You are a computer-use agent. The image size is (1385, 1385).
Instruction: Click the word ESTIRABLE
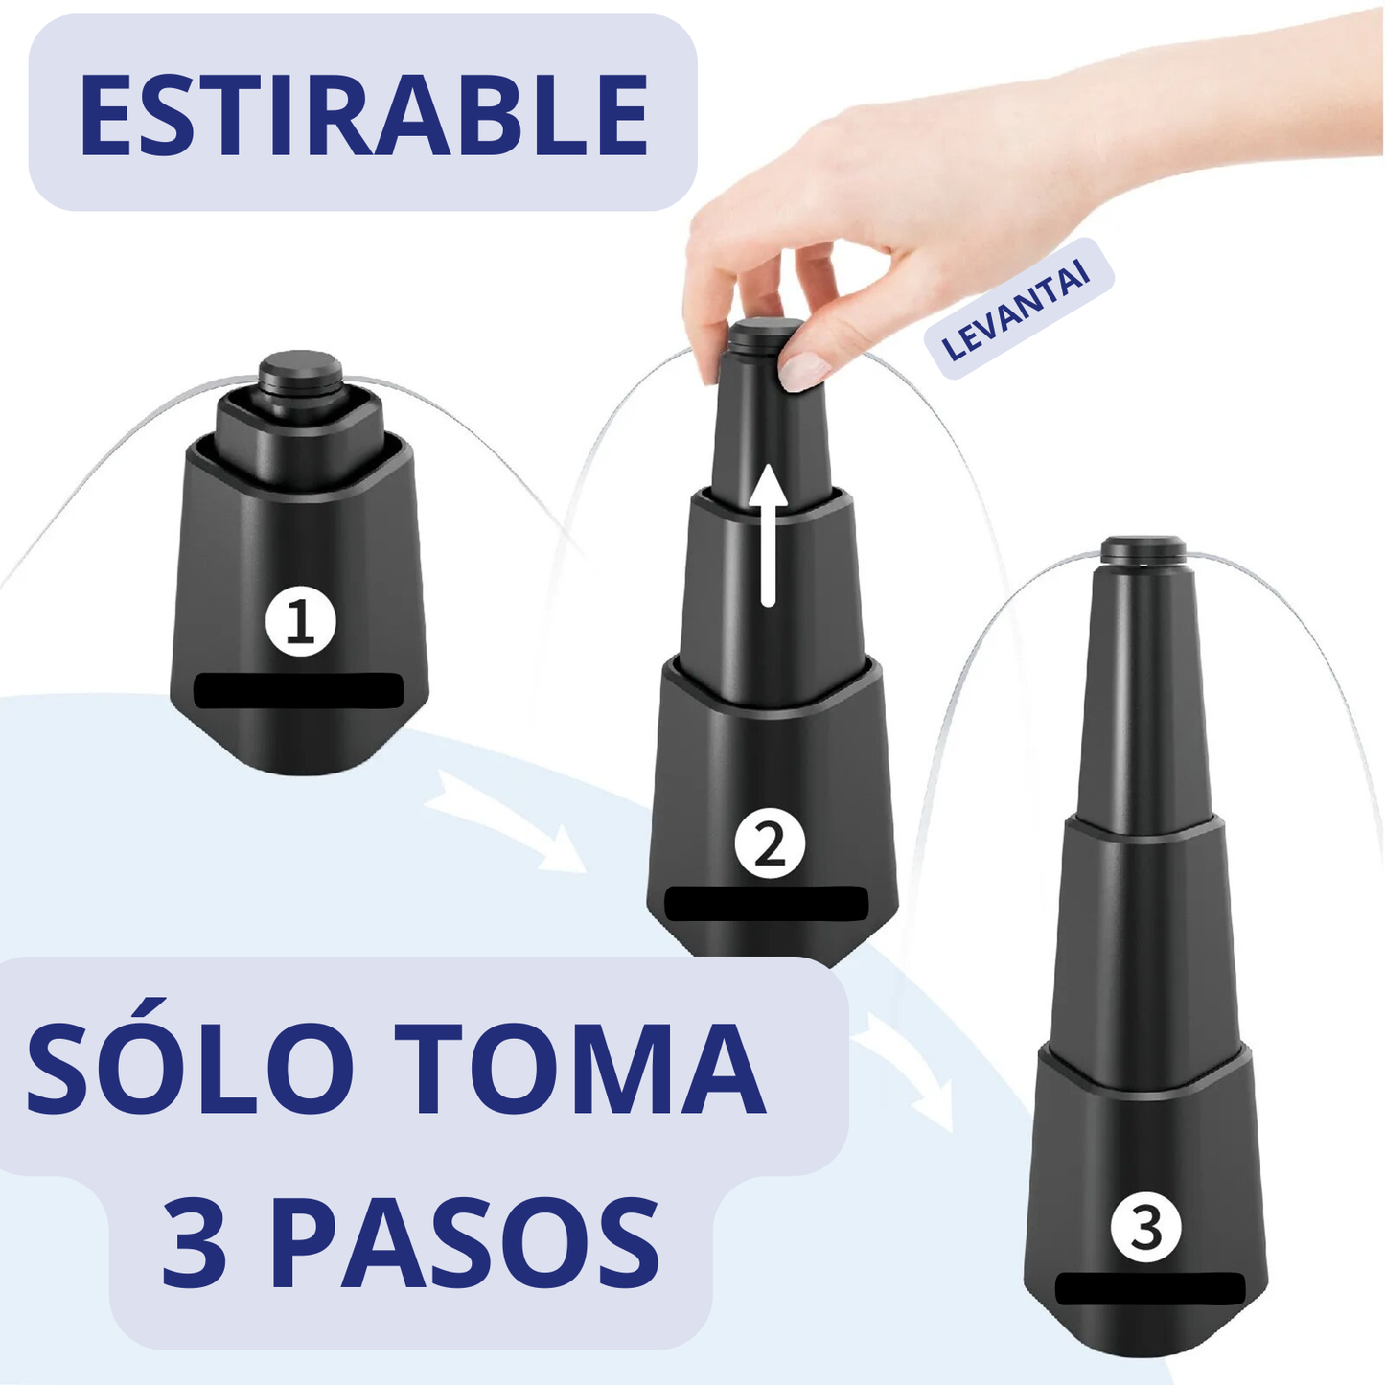tap(363, 113)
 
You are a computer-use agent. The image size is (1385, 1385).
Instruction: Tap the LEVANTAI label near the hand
tap(1018, 309)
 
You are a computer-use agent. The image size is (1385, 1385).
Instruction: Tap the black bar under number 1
tap(299, 690)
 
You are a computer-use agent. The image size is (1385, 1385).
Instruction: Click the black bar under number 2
tap(766, 904)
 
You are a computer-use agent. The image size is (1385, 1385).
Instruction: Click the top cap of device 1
tap(300, 374)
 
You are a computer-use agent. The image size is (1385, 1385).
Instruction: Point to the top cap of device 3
tap(1143, 548)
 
